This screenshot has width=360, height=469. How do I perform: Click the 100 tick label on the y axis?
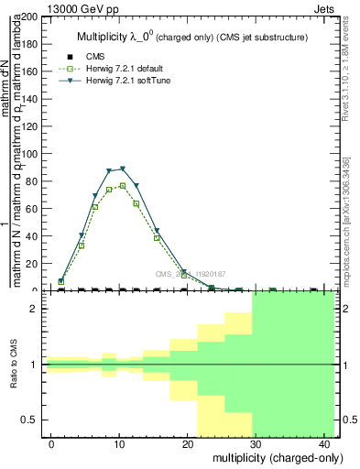tap(30, 154)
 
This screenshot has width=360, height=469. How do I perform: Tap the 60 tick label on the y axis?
tap(33, 209)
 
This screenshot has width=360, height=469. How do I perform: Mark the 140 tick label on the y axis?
tap(30, 99)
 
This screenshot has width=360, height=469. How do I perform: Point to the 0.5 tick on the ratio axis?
tap(30, 420)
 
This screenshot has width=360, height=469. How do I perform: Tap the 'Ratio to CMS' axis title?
tap(15, 365)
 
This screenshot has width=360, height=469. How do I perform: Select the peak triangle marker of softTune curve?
tap(122, 169)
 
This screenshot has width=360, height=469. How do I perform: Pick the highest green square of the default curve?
tap(122, 185)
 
